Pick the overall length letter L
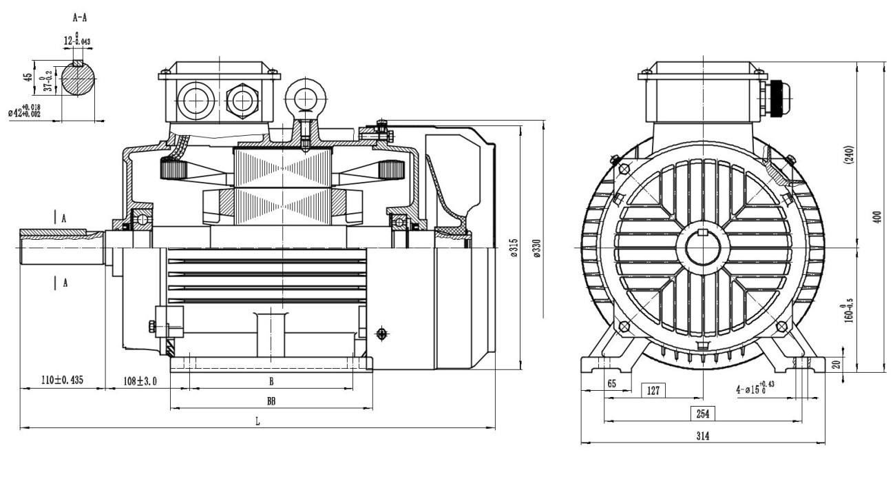coord(257,422)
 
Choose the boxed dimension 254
coord(703,414)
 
